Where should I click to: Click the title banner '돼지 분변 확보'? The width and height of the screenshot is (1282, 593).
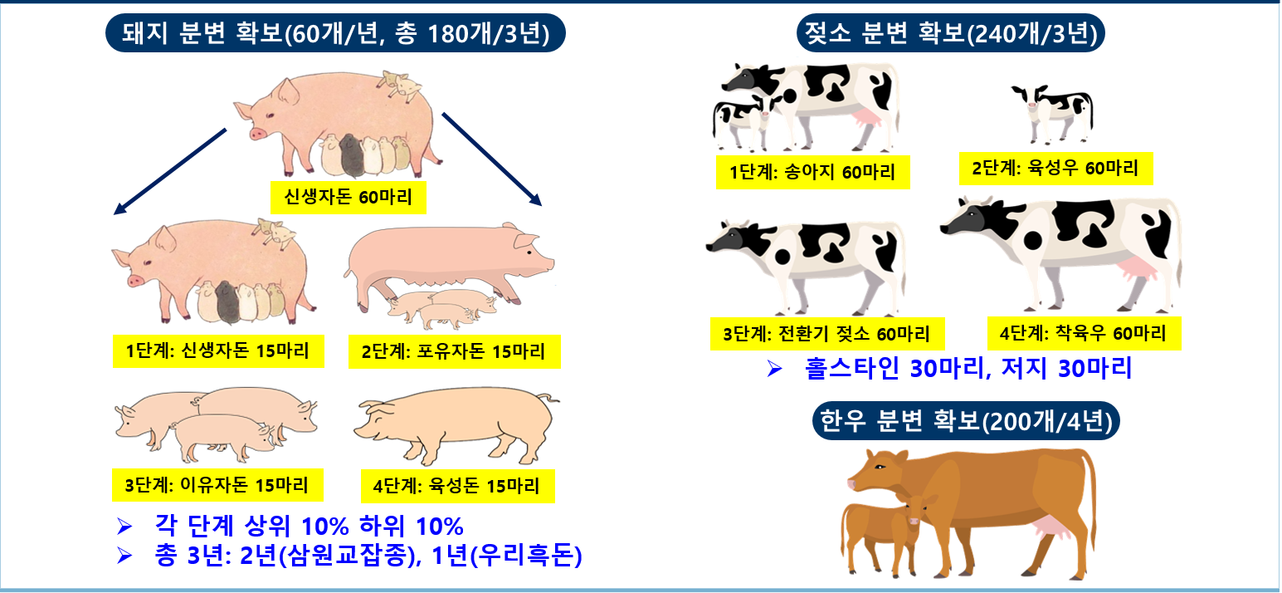[335, 33]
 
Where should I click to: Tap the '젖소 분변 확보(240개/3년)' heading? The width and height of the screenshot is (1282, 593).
[951, 33]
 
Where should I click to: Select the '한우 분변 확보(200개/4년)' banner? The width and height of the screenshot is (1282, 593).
[966, 421]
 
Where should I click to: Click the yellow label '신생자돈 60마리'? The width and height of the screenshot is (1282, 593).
[348, 198]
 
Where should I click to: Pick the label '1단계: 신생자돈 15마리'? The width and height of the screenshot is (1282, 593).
[218, 350]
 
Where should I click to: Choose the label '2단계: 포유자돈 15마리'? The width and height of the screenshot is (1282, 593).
[455, 351]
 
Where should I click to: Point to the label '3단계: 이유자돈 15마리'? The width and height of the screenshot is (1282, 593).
[217, 485]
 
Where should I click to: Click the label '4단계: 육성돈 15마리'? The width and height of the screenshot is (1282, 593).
[457, 487]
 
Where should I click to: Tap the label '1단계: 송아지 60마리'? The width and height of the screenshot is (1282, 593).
[812, 172]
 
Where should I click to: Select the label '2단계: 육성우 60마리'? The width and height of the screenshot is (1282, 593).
[1056, 169]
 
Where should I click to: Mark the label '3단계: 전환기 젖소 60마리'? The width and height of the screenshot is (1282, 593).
[827, 333]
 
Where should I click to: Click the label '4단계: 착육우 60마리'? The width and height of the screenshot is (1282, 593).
[1084, 333]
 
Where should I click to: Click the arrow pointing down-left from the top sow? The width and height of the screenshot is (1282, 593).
[170, 171]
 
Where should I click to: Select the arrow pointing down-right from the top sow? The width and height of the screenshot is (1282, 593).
[491, 159]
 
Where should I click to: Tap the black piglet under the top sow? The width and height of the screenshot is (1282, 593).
[351, 154]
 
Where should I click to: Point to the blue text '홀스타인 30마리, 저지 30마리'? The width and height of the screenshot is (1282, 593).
[968, 369]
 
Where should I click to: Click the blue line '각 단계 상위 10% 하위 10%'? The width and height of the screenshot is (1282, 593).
[309, 526]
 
